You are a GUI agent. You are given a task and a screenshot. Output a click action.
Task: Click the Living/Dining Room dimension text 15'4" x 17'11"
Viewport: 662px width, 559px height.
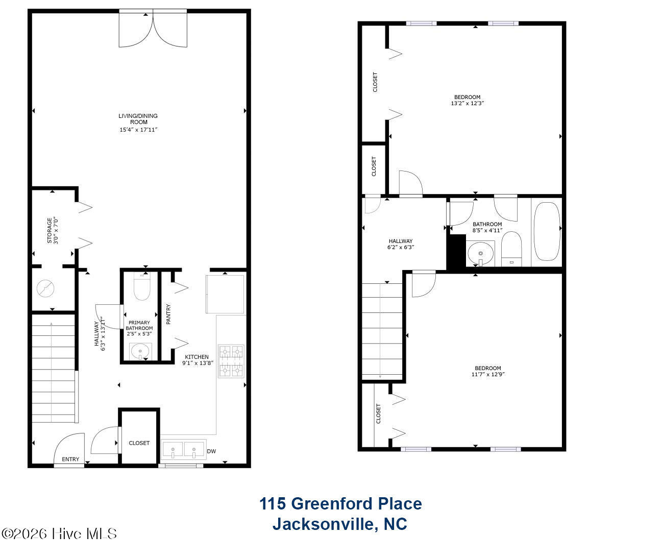point(138,130)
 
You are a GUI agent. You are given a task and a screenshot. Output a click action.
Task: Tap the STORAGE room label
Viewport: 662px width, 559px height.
point(49,231)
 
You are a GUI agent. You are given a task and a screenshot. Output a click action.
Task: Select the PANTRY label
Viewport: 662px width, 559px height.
point(168,314)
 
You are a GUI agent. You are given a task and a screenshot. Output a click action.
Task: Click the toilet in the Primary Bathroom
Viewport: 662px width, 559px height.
point(142,287)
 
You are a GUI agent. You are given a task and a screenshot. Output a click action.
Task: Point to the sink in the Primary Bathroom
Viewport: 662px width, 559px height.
point(140,351)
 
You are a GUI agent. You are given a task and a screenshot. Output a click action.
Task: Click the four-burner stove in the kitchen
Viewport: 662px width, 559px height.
point(231,361)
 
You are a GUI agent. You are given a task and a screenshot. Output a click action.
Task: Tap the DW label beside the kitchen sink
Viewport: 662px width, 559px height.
point(211,451)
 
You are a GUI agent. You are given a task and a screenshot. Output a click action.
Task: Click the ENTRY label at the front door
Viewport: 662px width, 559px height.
point(70,459)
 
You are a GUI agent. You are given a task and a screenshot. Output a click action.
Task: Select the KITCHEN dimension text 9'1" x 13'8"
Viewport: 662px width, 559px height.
point(198,363)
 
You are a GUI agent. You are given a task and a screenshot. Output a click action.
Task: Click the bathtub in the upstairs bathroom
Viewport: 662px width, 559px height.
point(547,231)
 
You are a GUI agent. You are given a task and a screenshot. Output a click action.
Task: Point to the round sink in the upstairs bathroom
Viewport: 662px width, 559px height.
point(481,253)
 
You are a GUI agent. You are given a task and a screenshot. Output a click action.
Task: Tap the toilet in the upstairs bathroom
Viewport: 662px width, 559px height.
point(511,249)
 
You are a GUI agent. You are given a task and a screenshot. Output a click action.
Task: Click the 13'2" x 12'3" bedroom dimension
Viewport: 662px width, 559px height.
point(468,103)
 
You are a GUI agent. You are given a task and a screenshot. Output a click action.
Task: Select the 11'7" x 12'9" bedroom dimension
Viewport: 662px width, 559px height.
point(488,374)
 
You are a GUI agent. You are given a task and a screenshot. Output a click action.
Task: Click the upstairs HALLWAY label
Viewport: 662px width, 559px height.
point(401,241)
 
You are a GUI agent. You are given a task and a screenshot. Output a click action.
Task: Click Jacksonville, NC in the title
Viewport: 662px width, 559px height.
point(340,524)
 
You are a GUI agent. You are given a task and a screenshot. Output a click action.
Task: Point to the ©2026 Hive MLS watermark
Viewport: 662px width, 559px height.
point(59,534)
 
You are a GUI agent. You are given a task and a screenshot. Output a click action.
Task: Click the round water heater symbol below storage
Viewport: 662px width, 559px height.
point(45,288)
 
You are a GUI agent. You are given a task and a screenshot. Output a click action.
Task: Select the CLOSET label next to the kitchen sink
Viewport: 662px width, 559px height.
point(139,443)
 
